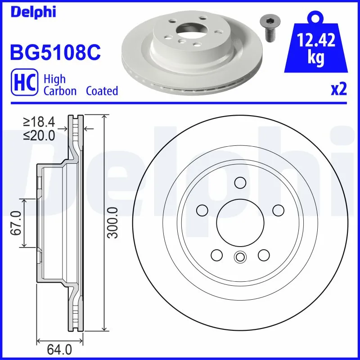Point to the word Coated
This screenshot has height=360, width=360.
pyautogui.click(x=102, y=91)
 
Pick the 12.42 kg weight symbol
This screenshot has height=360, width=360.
pyautogui.click(x=315, y=45)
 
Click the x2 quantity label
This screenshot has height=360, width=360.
pyautogui.click(x=339, y=90)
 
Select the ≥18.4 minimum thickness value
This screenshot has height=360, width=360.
pyautogui.click(x=39, y=121)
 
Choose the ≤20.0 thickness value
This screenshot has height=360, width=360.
pyautogui.click(x=39, y=135)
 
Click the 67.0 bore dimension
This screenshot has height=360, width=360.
pyautogui.click(x=17, y=223)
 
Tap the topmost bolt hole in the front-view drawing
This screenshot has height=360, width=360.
pyautogui.click(x=240, y=183)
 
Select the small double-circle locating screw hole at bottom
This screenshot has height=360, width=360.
pyautogui.click(x=240, y=257)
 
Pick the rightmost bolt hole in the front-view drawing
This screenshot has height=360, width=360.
pyautogui.click(x=279, y=210)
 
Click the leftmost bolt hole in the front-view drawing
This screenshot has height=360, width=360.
pyautogui.click(x=202, y=210)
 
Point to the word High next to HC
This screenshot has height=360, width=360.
pyautogui.click(x=54, y=80)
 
